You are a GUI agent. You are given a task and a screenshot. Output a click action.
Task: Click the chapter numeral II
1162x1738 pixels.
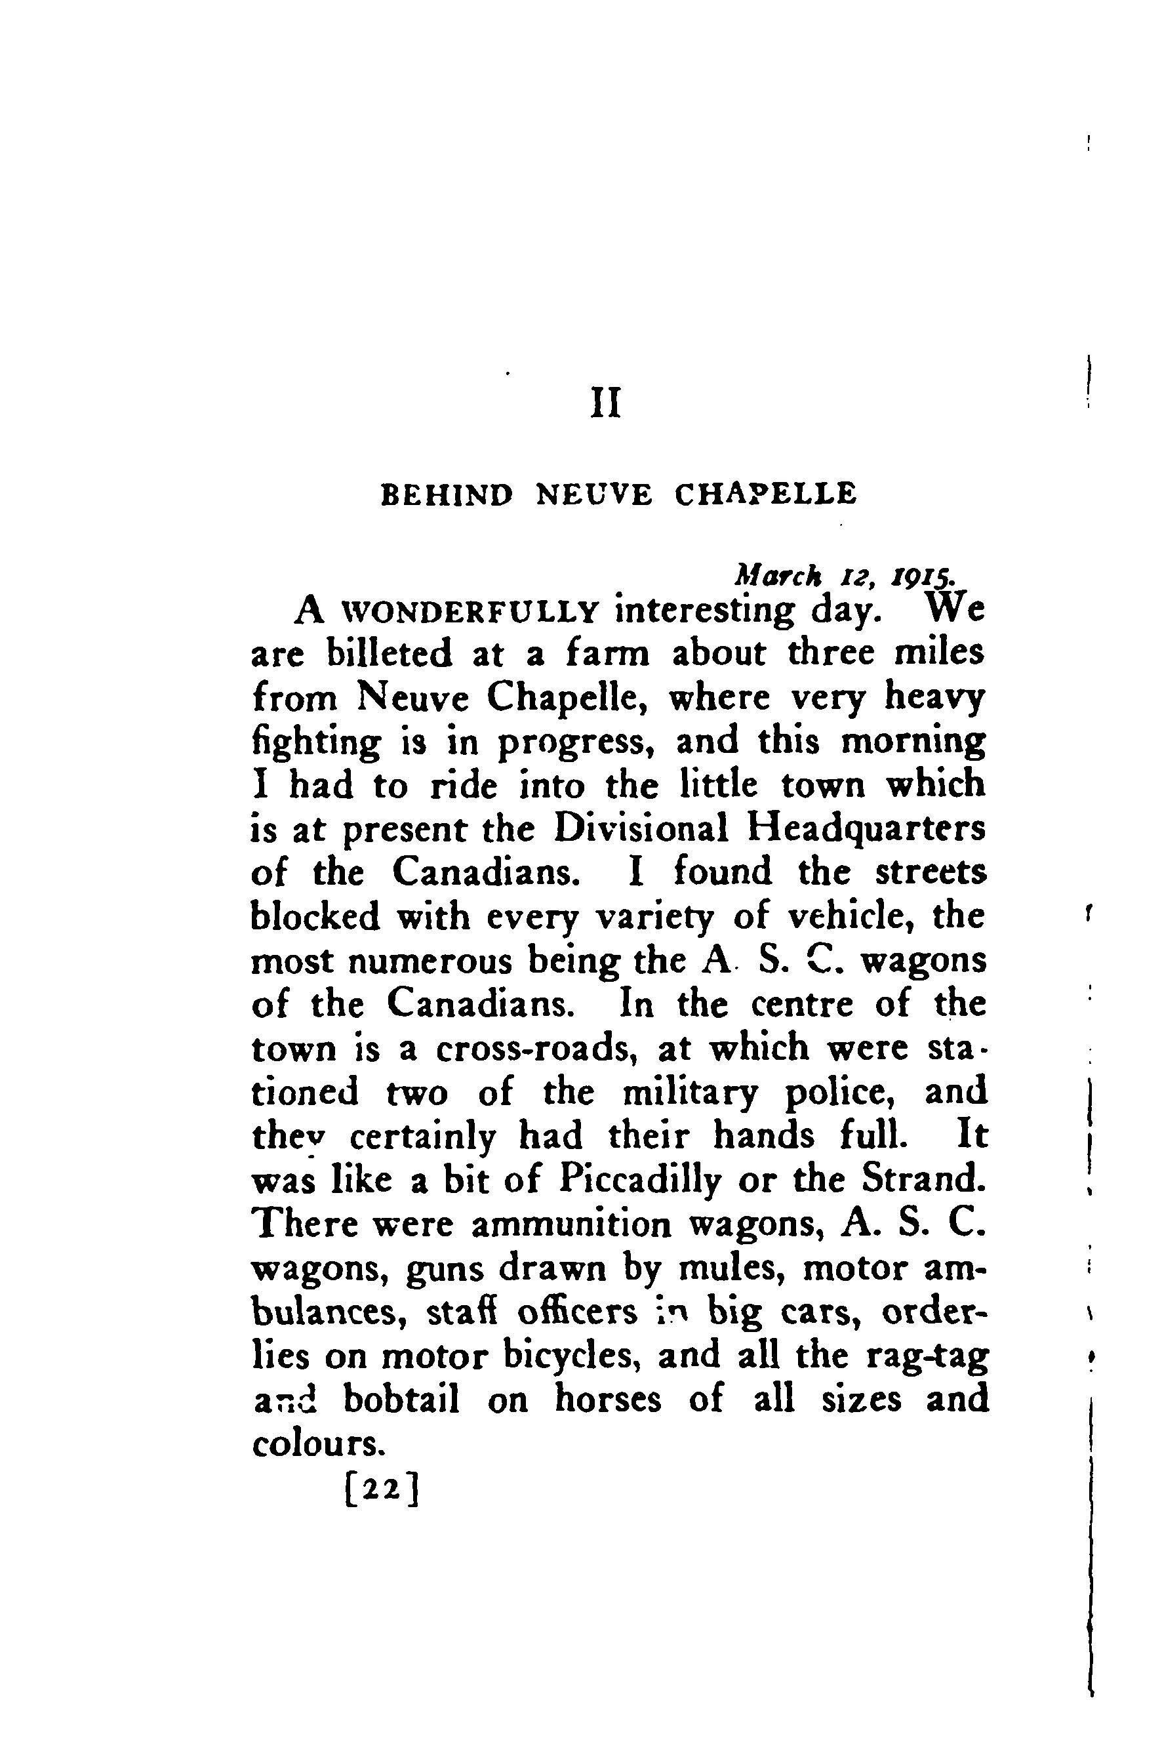click(605, 404)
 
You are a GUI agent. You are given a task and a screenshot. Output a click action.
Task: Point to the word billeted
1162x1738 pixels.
click(389, 655)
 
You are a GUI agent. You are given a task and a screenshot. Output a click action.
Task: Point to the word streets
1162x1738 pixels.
click(931, 873)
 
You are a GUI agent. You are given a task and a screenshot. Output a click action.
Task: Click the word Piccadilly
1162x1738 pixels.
click(640, 1181)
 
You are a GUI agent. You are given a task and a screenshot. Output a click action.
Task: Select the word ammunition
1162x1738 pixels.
click(571, 1224)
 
